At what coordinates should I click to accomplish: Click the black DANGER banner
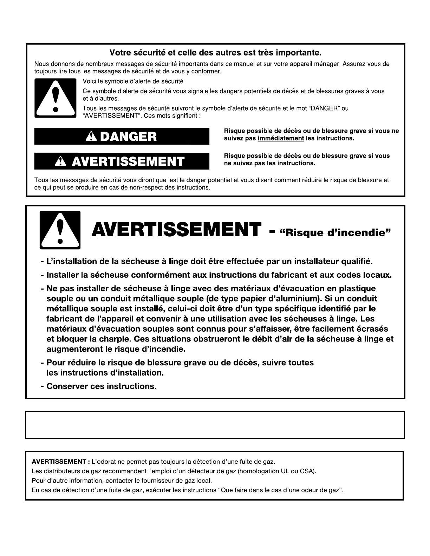(x=122, y=137)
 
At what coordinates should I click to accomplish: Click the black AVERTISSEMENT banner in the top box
(x=122, y=161)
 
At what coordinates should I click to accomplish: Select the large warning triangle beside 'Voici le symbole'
(x=55, y=98)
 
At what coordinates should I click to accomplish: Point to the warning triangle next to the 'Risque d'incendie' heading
(x=60, y=230)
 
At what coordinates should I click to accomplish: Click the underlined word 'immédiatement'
(x=281, y=138)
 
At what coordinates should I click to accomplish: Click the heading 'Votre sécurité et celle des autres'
(x=215, y=53)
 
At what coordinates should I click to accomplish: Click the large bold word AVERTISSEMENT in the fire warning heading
(x=176, y=230)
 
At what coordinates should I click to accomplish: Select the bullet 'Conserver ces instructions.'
(x=101, y=386)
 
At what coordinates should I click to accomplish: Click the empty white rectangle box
(x=215, y=425)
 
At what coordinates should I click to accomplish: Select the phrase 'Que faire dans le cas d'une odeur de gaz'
(x=281, y=490)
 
